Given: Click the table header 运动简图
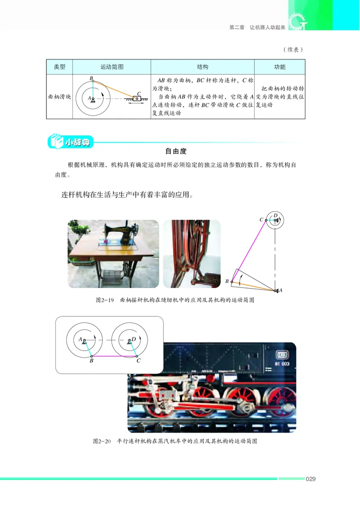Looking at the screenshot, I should point(112,67).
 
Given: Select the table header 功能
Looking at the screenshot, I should point(279,67).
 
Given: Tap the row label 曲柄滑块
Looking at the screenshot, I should point(59,97).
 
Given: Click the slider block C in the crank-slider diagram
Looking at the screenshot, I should point(136,98).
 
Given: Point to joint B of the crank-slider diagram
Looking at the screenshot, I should point(92,81).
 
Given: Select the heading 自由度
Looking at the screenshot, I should point(176,152).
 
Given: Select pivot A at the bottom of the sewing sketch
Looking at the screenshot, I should point(275,291).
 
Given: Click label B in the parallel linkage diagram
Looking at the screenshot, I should point(91,361).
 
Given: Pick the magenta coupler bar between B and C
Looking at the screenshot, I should point(114,356).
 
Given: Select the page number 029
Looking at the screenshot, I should point(310,479).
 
